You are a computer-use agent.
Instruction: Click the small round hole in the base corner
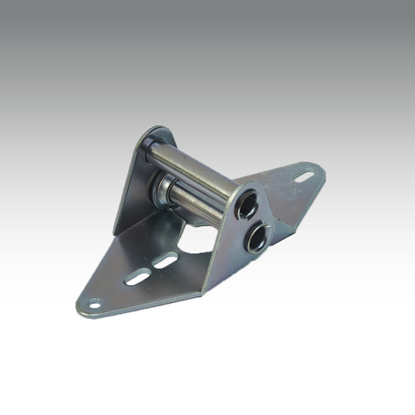[95, 304]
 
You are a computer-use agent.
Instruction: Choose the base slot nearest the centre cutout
[165, 260]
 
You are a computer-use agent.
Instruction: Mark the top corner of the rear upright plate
[163, 129]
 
